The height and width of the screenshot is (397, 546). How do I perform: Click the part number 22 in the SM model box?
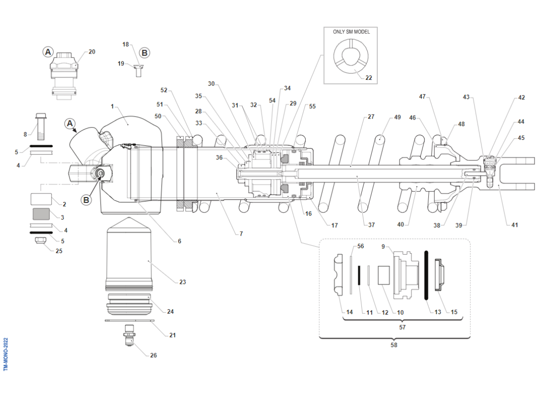369,77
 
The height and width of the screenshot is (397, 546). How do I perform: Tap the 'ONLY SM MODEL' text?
351,32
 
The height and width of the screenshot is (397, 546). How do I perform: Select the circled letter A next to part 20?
48,52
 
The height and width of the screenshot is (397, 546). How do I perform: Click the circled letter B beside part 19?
144,53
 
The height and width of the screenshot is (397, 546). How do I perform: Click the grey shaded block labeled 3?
42,214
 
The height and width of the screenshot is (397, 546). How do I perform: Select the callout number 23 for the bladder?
182,282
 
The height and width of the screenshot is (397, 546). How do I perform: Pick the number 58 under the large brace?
394,345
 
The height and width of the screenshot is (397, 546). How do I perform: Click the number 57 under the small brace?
402,328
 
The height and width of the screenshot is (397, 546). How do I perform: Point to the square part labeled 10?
385,275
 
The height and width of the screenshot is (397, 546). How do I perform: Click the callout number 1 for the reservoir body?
113,106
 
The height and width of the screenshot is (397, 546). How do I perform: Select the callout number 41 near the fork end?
515,225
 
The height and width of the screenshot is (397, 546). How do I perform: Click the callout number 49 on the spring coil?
397,118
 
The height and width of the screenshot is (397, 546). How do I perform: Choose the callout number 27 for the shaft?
371,117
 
